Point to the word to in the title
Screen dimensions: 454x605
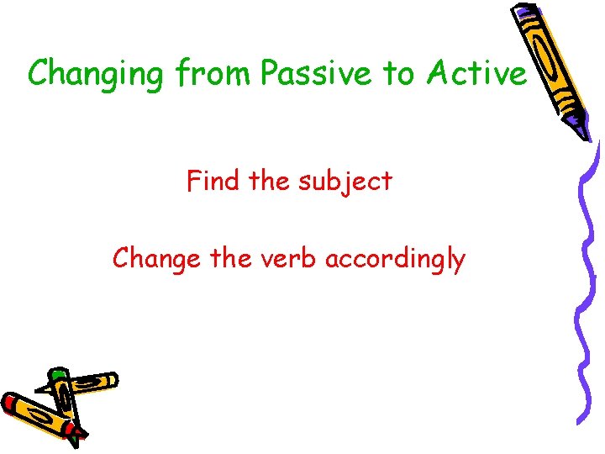pyautogui.click(x=399, y=74)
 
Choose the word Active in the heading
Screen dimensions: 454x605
pyautogui.click(x=476, y=74)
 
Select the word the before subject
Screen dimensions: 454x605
pyautogui.click(x=272, y=181)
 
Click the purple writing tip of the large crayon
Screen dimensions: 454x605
pyautogui.click(x=583, y=129)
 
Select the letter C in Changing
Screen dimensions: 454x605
pyautogui.click(x=39, y=74)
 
